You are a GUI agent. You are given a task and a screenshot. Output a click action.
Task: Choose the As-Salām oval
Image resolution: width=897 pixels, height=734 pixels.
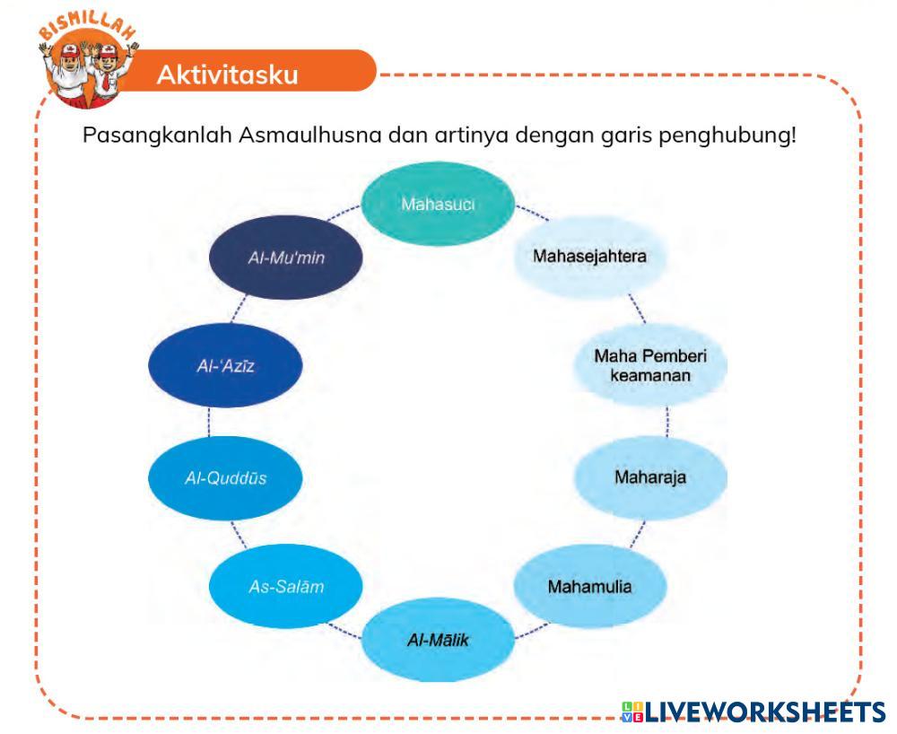pos(285,588)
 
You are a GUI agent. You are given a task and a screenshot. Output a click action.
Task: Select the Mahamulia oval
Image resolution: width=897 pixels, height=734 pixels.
pos(590,588)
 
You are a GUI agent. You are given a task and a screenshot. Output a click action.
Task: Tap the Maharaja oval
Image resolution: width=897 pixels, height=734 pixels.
pos(650,476)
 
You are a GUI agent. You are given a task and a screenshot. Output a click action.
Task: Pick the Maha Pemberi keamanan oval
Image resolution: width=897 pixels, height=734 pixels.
pos(650,365)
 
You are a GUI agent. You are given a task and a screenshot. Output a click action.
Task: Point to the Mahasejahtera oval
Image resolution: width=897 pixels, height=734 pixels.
pos(590,256)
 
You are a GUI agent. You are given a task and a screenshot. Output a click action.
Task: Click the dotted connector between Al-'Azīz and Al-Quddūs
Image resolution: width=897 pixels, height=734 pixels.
pos(209,422)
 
